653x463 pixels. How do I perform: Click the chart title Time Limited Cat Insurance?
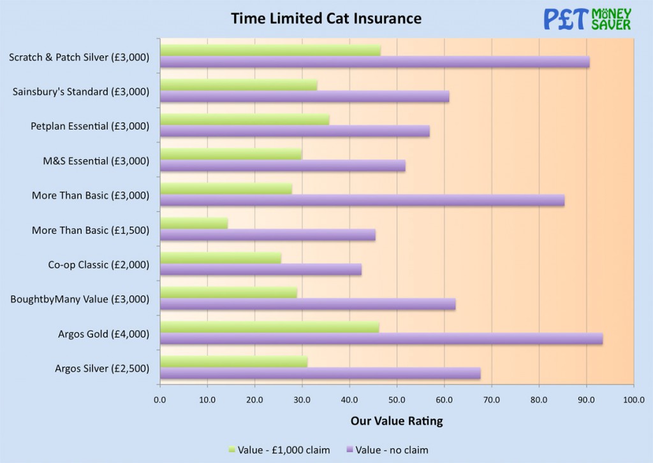pos(326,18)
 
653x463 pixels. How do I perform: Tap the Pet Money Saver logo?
pos(587,19)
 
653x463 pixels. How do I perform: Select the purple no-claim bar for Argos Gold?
pos(381,339)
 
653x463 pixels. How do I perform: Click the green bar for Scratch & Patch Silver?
pos(270,51)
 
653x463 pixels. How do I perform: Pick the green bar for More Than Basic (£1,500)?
pos(194,223)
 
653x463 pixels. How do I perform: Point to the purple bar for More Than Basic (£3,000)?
pos(362,201)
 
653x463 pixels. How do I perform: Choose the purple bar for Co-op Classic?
pos(260,269)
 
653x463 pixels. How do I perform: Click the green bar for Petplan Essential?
pos(244,120)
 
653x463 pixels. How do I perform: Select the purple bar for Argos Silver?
pos(319,374)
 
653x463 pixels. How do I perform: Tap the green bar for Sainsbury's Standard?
pos(238,85)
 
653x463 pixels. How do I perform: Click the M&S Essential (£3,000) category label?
pos(92,161)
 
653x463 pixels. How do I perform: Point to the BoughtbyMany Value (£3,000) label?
pos(80,299)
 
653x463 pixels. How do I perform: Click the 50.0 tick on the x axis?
pos(397,399)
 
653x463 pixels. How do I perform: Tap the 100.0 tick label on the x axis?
pos(633,399)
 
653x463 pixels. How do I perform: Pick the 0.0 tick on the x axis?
pos(160,399)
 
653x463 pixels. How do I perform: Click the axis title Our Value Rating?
pos(396,421)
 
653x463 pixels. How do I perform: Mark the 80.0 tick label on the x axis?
pos(539,399)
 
